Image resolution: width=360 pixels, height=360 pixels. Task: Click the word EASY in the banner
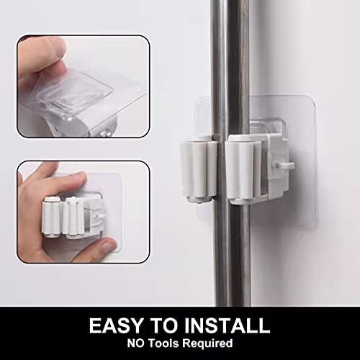[x=116, y=325]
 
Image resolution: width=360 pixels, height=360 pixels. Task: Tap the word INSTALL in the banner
[x=227, y=325]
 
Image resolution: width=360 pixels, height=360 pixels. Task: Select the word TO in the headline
[x=164, y=325]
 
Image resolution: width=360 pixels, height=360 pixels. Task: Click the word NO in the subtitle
[x=136, y=343]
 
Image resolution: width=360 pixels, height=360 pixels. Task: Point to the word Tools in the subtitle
[x=164, y=343]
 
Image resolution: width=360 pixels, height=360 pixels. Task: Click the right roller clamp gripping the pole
[x=243, y=170]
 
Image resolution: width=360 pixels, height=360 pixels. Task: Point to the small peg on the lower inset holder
[x=103, y=216]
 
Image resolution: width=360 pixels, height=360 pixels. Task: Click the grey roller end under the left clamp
[x=199, y=199]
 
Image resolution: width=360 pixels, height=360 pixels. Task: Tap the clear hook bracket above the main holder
[x=268, y=126]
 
